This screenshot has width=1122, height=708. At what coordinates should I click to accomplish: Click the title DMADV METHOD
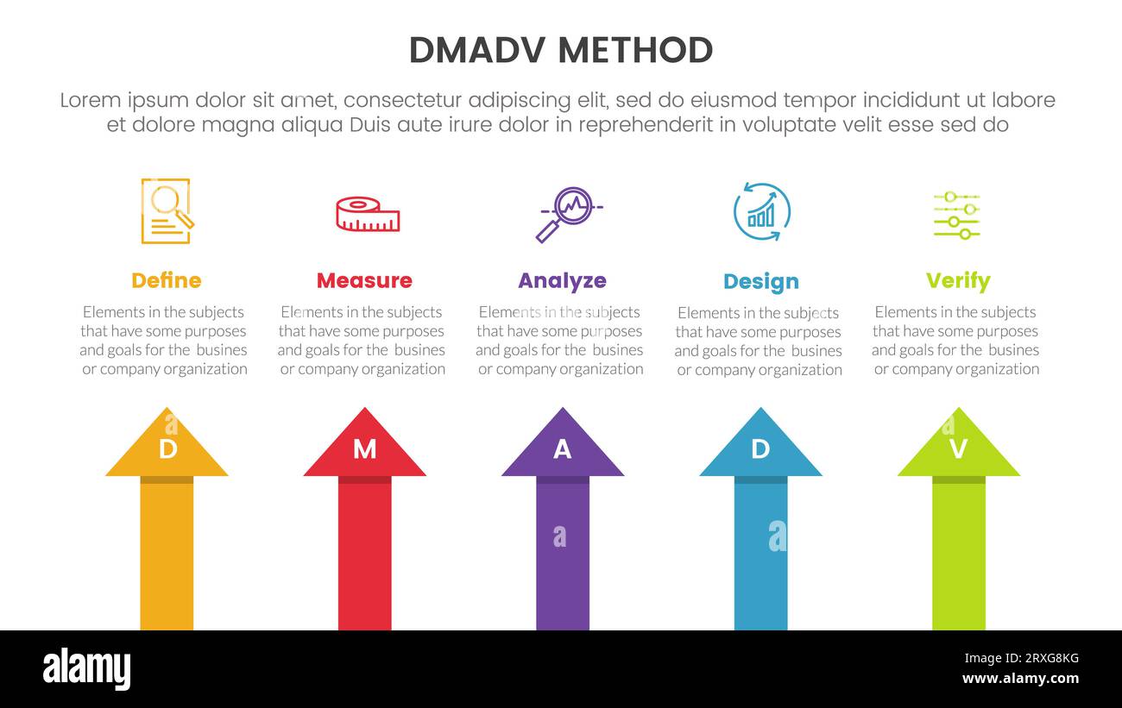tap(561, 50)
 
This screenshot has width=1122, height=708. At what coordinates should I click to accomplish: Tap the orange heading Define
tap(166, 280)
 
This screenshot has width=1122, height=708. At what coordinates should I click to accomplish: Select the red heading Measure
tap(364, 280)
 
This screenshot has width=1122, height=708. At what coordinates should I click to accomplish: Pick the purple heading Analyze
tap(562, 280)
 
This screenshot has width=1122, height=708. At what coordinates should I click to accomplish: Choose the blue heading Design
tap(760, 281)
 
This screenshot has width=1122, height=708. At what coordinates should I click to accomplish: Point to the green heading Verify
tap(957, 280)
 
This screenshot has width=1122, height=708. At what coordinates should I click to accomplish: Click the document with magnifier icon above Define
tap(167, 211)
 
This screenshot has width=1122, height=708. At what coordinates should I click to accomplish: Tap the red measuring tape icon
tap(368, 214)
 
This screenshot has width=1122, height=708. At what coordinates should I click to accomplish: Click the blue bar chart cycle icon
tap(761, 212)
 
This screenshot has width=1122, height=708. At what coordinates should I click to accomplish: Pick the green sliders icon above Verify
tap(956, 215)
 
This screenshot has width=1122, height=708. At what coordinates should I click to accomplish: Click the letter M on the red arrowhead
tap(364, 449)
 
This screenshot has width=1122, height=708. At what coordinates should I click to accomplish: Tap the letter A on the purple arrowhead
tap(562, 449)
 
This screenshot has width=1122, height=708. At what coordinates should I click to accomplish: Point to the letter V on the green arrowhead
tap(958, 449)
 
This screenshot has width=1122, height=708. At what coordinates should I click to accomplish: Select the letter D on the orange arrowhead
tap(167, 449)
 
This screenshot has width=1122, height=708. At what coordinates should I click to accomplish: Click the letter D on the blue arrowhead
tap(760, 449)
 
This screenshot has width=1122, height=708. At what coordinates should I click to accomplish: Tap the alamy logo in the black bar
tap(86, 669)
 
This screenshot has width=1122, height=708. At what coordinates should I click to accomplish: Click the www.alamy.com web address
tap(1020, 679)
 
